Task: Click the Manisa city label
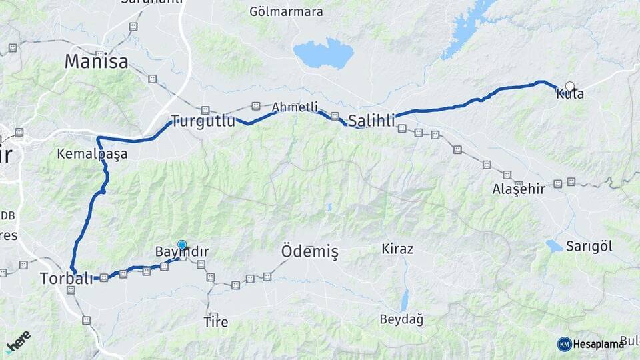(96, 62)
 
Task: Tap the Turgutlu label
(203, 121)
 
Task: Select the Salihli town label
(371, 121)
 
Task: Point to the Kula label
(570, 95)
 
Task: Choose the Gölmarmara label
(286, 11)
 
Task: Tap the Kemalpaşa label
(92, 154)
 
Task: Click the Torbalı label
(66, 278)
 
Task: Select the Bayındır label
(181, 252)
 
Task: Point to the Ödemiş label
(309, 251)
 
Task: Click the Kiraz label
(397, 249)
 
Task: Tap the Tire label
(215, 323)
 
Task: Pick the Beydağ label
(401, 319)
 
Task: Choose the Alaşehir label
(519, 189)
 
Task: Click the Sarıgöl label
(589, 246)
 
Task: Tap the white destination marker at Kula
(570, 86)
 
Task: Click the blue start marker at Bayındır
(182, 245)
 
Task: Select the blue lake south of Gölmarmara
(323, 54)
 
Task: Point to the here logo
(17, 341)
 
